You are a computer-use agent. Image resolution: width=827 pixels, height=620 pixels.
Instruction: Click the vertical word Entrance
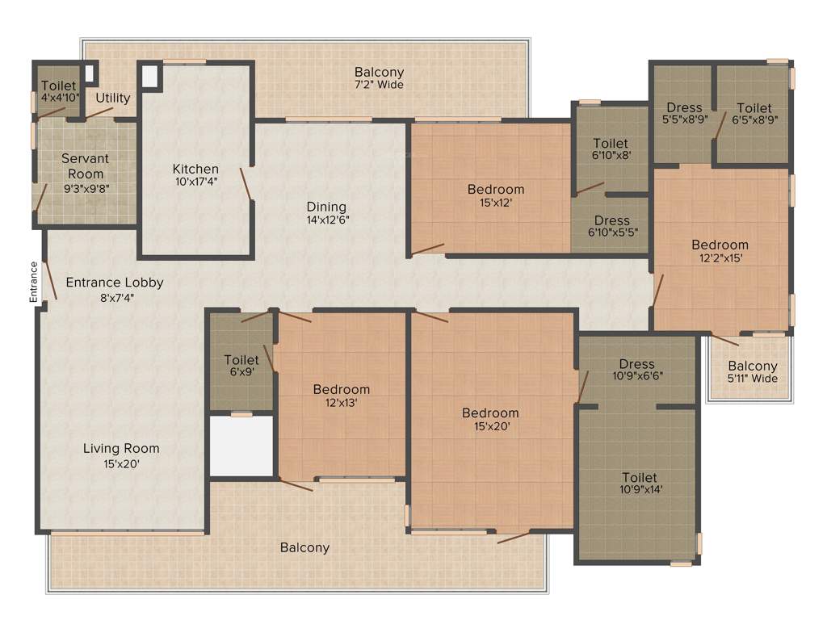(34, 282)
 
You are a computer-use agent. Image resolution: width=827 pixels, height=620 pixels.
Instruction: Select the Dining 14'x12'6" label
(326, 212)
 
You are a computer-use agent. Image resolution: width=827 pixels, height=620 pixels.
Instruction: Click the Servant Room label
(85, 166)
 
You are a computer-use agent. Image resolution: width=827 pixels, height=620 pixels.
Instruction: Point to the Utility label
(113, 98)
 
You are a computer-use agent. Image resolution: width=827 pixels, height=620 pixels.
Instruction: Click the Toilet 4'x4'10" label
(58, 91)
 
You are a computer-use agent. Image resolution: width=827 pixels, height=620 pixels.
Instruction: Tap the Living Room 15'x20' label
(121, 455)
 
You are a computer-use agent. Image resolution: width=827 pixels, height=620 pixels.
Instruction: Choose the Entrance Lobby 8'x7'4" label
(114, 289)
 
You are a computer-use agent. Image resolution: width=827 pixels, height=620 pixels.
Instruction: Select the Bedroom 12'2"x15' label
(720, 251)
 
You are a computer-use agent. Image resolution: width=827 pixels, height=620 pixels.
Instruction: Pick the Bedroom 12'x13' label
(342, 396)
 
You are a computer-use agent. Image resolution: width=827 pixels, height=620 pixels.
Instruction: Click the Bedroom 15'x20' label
(490, 419)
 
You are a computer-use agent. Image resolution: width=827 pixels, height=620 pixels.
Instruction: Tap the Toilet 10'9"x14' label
(639, 483)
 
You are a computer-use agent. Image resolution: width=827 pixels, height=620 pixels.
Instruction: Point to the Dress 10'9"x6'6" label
(637, 369)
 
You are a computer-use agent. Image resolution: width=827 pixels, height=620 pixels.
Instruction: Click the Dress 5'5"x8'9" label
(684, 114)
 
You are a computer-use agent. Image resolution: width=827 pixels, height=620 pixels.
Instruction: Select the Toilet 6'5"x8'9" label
(754, 114)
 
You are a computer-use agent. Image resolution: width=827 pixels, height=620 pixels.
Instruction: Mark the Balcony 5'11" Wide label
(753, 372)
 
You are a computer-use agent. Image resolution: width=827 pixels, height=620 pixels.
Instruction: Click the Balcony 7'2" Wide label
(379, 78)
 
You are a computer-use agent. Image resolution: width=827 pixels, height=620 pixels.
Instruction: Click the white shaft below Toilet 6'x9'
(241, 446)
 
